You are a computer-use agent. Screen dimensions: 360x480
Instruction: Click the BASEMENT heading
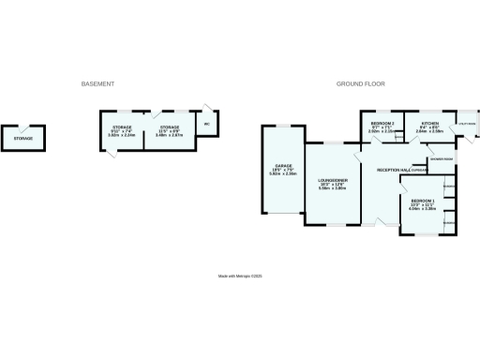pos(98,84)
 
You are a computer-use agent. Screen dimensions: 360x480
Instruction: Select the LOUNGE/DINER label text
pos(333,180)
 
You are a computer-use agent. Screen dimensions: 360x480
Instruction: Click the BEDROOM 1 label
pos(423,201)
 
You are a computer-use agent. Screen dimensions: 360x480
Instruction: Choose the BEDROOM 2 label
pos(381,124)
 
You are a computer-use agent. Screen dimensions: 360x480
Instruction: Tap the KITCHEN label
pos(429,124)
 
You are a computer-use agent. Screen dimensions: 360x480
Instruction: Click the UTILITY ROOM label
pos(466,124)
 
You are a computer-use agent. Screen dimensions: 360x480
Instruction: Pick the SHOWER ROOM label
pos(442,159)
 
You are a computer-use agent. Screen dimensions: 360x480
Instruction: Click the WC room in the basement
pos(206,125)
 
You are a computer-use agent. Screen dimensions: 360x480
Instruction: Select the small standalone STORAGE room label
pos(23,139)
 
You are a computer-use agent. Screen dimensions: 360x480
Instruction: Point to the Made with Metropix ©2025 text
pos(240,276)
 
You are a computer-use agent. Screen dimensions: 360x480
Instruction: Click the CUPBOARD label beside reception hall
pos(418,171)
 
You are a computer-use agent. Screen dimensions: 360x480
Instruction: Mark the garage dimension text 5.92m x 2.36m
pos(283,174)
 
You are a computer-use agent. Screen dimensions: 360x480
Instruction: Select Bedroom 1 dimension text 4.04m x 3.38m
pos(423,209)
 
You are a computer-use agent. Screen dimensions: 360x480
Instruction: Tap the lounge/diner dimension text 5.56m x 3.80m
pos(333,188)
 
